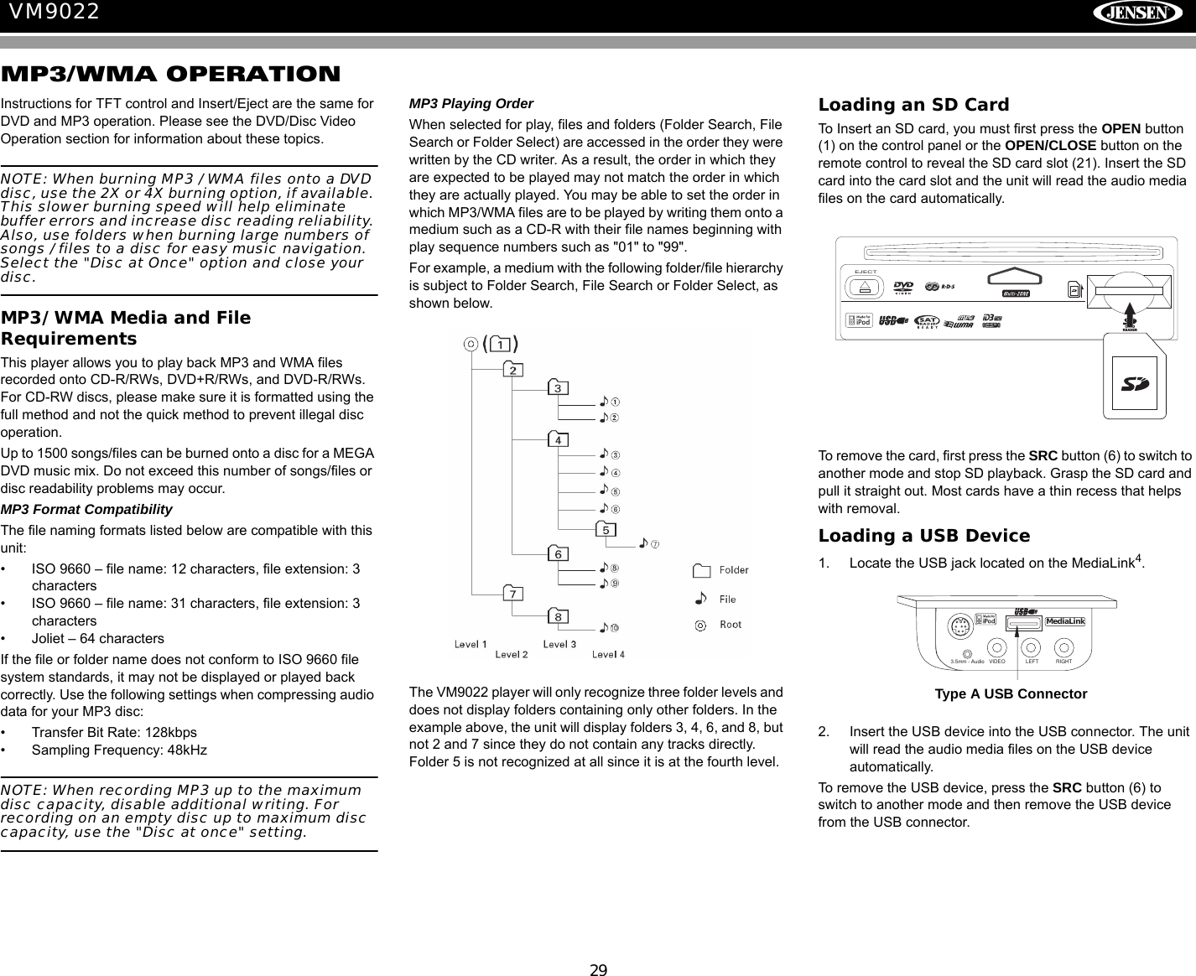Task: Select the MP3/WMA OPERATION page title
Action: coord(171,75)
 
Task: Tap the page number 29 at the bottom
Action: coord(597,970)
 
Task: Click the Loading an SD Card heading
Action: coord(913,105)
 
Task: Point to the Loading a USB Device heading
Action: coord(923,536)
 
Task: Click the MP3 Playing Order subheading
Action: coord(471,104)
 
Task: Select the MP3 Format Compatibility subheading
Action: coord(86,510)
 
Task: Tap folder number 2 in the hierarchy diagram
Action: coord(512,370)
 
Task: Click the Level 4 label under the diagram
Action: coord(608,654)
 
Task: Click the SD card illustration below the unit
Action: coord(1134,384)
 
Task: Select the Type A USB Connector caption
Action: coord(1011,694)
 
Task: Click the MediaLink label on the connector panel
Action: coord(1065,621)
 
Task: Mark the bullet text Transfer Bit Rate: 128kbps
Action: coord(114,732)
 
